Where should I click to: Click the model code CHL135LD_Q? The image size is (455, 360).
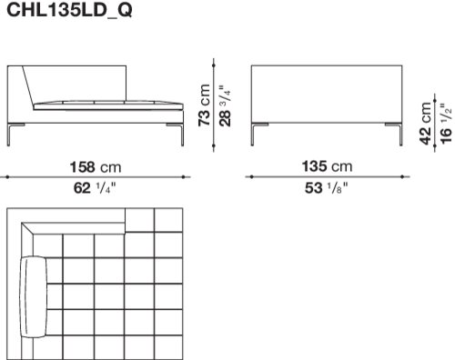pyautogui.click(x=69, y=11)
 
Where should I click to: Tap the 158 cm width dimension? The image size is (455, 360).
pyautogui.click(x=96, y=167)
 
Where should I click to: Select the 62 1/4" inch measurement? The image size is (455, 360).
pyautogui.click(x=95, y=188)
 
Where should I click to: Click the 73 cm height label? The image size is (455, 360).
pyautogui.click(x=204, y=105)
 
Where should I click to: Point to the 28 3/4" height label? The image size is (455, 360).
pyautogui.click(x=226, y=105)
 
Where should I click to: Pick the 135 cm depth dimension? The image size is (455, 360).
pyautogui.click(x=327, y=166)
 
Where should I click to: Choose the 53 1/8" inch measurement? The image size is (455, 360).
pyautogui.click(x=326, y=188)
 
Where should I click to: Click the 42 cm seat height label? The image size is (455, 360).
pyautogui.click(x=426, y=124)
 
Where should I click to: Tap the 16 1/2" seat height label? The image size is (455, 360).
pyautogui.click(x=446, y=124)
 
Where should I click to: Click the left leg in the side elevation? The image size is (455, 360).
pyautogui.click(x=9, y=135)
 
